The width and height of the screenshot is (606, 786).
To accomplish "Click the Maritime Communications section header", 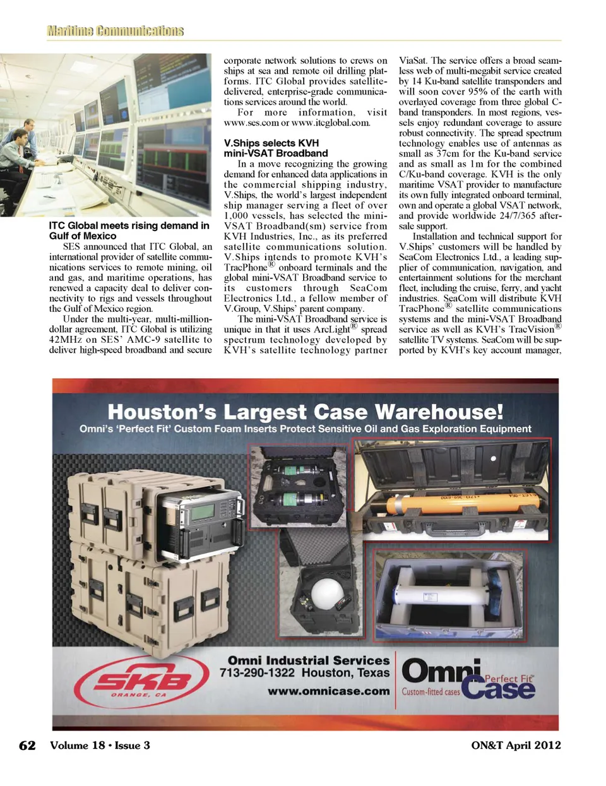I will [x=115, y=31].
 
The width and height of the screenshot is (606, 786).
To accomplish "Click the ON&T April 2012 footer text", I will [x=516, y=746].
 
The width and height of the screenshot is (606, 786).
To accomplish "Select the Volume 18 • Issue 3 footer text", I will [x=100, y=746].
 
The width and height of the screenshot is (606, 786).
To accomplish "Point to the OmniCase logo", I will [x=468, y=679].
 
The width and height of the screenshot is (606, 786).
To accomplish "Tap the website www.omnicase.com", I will [x=328, y=691].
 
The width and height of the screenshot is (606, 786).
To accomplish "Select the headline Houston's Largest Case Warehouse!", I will [x=306, y=412].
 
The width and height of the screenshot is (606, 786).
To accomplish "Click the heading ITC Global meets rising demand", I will [x=129, y=230].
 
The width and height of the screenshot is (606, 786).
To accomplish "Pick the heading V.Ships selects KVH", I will [x=276, y=148].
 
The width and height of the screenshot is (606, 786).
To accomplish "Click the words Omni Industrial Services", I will [x=309, y=660].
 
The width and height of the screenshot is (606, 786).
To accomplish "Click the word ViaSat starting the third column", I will [x=413, y=61].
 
